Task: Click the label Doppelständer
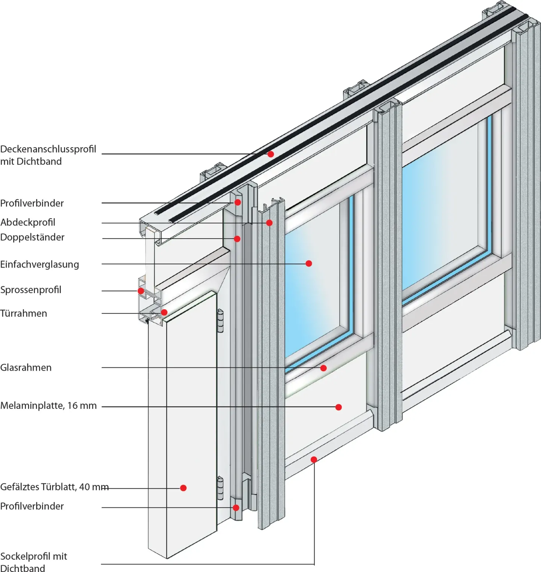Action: point(32,237)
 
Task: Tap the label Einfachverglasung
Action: point(39,264)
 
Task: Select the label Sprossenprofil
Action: point(31,290)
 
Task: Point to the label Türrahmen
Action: point(24,313)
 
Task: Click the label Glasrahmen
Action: point(26,367)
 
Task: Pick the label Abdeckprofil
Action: point(28,222)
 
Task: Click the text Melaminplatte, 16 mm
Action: point(48,406)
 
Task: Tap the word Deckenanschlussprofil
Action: point(48,149)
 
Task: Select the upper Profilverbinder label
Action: point(32,203)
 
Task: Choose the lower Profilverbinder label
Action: point(32,506)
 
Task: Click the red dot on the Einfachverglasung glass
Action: point(309,263)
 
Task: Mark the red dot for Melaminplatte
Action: point(339,407)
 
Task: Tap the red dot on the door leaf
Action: point(183,488)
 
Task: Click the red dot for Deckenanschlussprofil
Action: point(270,154)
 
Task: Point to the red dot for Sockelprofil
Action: point(314,459)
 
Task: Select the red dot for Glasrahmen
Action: point(323,368)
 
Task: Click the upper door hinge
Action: point(221,321)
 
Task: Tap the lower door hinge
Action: point(221,488)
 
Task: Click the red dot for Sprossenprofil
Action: point(141,291)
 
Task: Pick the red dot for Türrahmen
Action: point(164,312)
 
